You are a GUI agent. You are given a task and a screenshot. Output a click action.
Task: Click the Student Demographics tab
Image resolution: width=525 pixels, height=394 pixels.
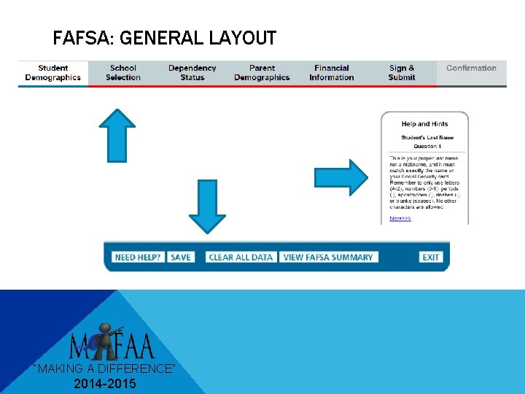point(52,73)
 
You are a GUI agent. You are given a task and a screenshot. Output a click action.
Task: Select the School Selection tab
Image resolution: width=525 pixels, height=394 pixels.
point(122,73)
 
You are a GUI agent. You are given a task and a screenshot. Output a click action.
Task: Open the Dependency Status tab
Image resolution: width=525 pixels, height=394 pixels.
point(192,73)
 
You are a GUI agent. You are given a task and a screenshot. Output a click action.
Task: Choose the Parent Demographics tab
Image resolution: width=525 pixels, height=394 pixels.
point(262,73)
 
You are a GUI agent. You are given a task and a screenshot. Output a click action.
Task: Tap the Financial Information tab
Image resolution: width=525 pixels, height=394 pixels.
point(331,73)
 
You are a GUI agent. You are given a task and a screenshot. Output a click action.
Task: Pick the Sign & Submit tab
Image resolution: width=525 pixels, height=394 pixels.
point(401,73)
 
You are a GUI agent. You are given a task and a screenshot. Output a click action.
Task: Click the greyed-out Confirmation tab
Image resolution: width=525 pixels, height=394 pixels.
point(471,69)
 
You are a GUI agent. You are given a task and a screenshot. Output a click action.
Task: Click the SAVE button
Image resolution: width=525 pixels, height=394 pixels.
point(181,257)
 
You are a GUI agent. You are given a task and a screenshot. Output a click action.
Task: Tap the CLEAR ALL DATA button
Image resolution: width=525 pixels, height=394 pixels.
point(241,257)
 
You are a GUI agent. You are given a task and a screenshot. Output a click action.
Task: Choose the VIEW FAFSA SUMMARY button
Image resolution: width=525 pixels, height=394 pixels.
point(328,257)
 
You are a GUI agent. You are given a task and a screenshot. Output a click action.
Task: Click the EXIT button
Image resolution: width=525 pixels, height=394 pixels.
point(431,257)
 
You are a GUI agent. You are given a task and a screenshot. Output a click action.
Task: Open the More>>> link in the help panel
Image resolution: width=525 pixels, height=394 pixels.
point(400,218)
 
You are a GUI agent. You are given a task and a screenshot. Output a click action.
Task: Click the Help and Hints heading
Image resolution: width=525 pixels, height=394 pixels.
point(424,124)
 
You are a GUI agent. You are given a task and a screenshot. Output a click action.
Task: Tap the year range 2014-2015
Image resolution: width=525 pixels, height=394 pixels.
point(104,384)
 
